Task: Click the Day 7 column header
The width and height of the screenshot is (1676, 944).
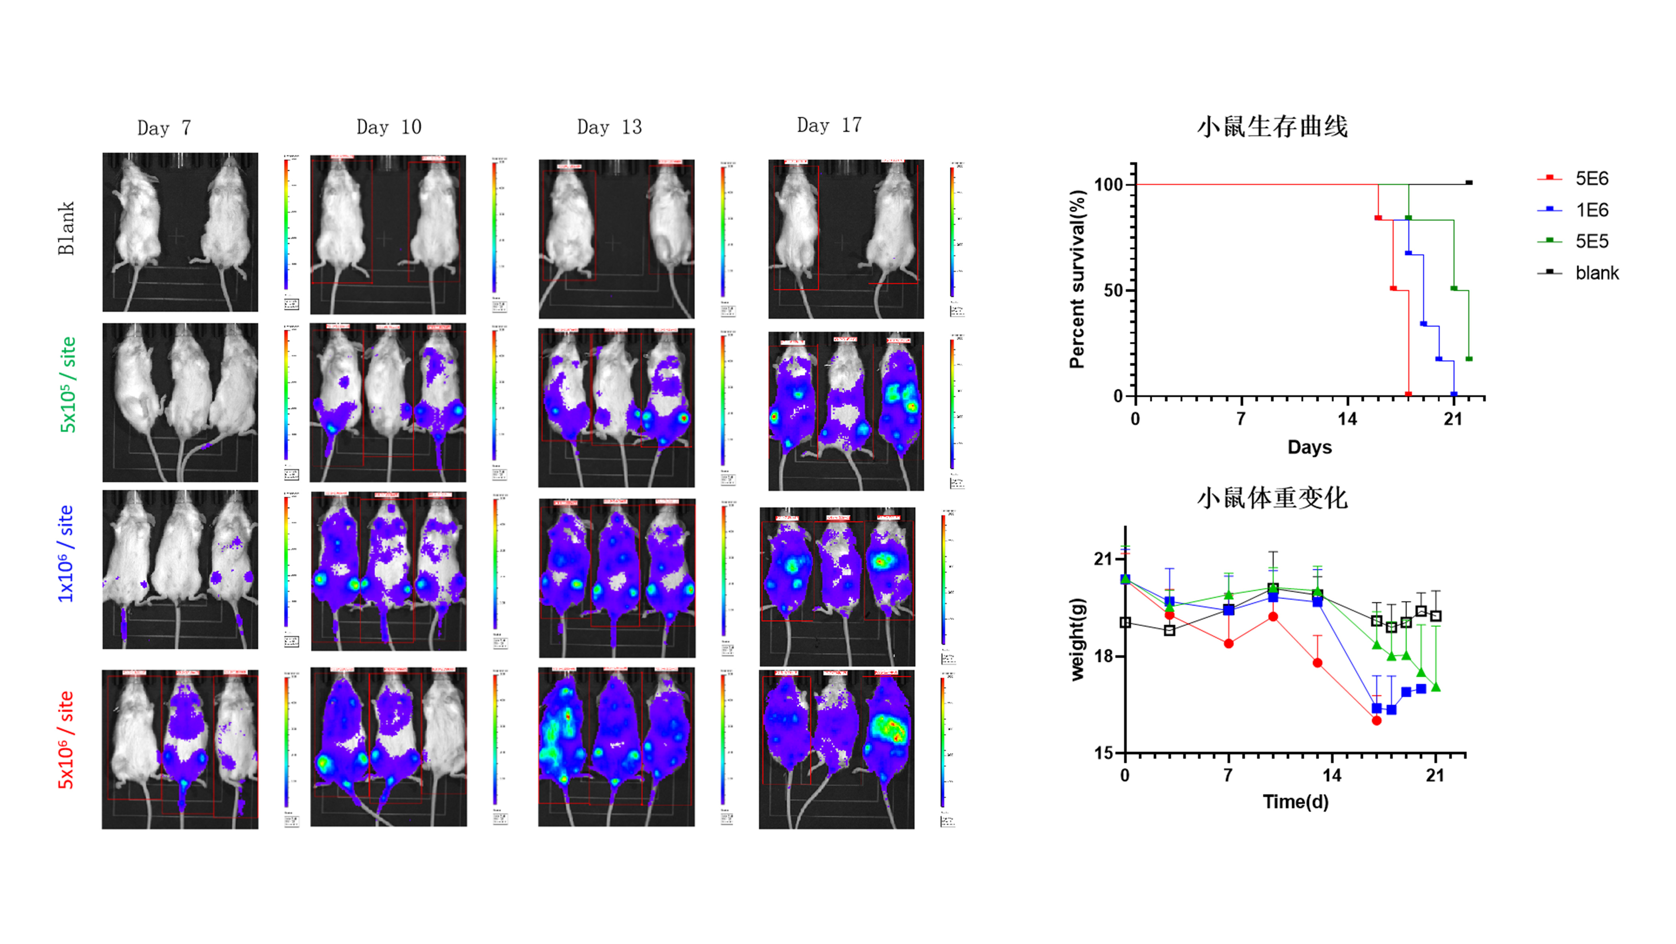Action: pos(164,128)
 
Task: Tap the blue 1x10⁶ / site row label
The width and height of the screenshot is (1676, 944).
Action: pos(66,554)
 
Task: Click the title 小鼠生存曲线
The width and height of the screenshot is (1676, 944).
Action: pos(1272,126)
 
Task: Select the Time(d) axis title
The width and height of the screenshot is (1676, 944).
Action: pos(1295,802)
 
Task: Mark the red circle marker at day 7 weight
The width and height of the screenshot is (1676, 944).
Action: pos(1228,644)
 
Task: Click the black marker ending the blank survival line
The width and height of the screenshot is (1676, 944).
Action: pos(1469,183)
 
